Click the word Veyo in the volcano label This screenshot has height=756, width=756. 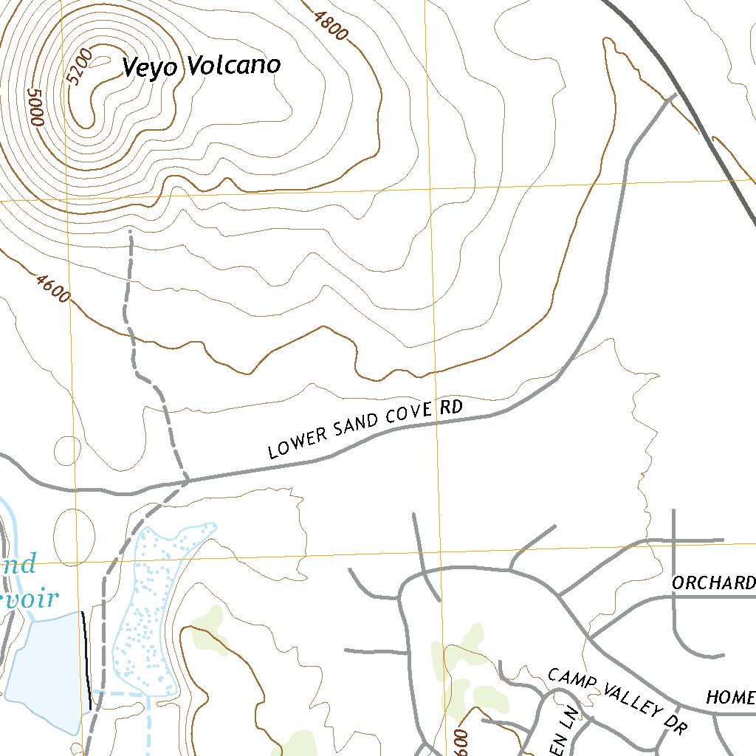(151, 68)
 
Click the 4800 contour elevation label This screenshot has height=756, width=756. (330, 25)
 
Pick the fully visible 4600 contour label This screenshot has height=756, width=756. (52, 288)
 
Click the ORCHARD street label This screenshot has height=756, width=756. (713, 583)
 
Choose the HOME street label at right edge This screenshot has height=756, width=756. (730, 697)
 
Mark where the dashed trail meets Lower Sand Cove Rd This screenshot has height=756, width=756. (187, 481)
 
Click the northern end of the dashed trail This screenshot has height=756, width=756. (130, 232)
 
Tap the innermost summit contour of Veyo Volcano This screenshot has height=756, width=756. (92, 103)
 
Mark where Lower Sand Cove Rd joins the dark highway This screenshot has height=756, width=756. (673, 97)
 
